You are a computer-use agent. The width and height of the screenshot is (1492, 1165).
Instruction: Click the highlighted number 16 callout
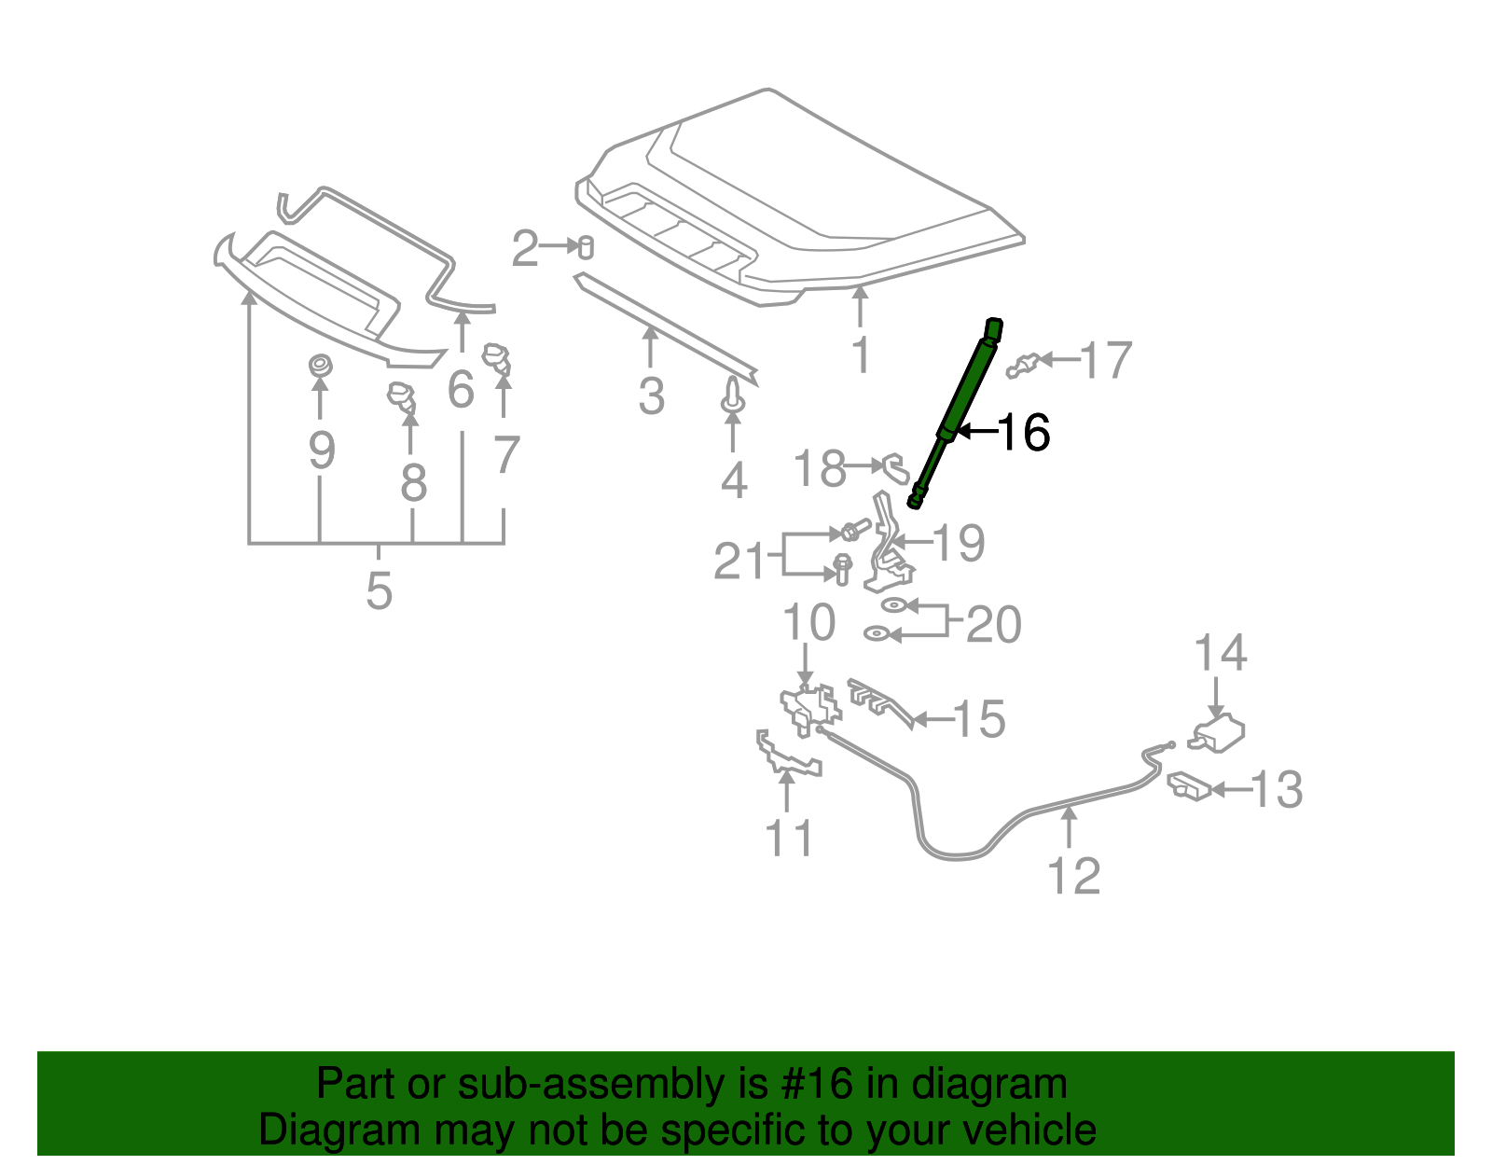[1024, 433]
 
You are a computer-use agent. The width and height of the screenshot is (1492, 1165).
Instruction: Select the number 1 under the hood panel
[861, 354]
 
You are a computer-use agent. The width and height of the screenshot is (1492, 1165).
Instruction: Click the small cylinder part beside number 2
[586, 247]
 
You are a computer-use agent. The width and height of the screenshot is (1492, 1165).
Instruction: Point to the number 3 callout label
[651, 395]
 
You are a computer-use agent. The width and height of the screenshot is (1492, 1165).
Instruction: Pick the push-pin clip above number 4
[733, 397]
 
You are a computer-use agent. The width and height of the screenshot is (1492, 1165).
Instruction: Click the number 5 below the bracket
[379, 590]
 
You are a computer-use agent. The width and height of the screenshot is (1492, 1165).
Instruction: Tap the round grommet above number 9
[319, 365]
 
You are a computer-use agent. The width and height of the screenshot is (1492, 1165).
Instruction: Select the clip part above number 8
[402, 396]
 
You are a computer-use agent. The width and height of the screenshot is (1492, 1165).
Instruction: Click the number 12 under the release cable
[1073, 876]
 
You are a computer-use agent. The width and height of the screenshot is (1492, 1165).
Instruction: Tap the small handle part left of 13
[1188, 786]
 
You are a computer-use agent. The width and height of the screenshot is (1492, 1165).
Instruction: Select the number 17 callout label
[1105, 360]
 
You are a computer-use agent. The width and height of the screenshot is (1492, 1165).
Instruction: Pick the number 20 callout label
[993, 624]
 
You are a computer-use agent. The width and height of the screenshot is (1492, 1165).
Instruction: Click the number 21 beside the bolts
[739, 562]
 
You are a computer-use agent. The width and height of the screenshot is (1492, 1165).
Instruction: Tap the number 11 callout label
[788, 838]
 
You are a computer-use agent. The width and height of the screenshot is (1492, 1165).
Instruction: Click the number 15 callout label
[979, 719]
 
